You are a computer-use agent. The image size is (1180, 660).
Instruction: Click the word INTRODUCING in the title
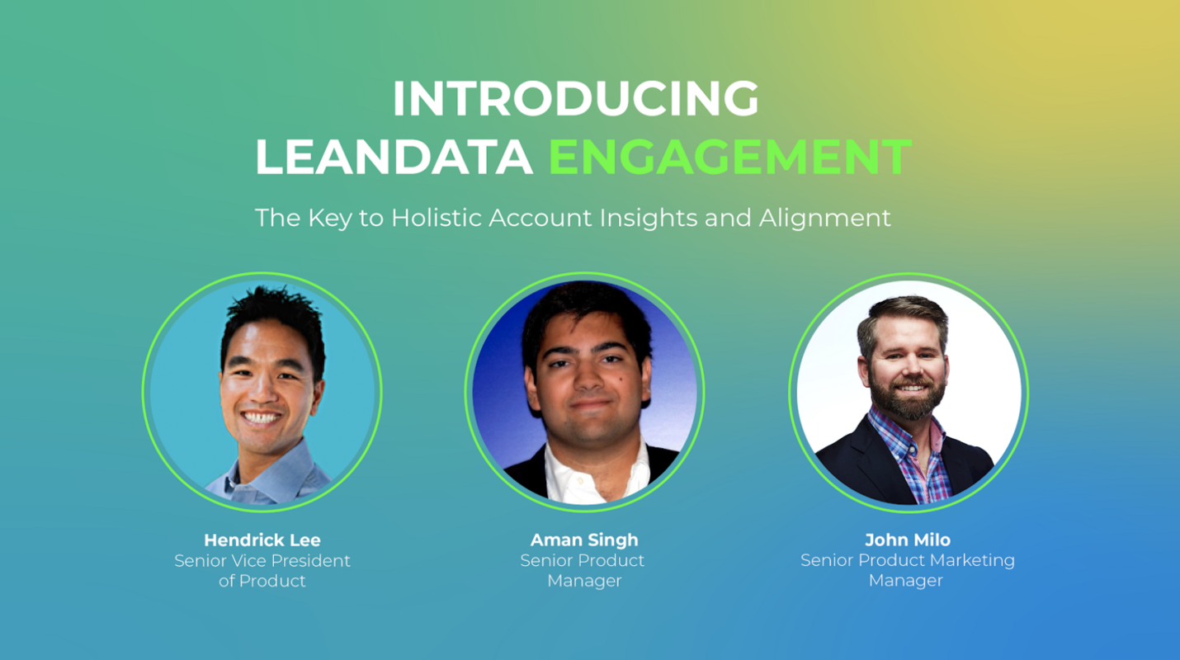point(575,99)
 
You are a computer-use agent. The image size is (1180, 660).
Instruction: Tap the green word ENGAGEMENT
point(729,156)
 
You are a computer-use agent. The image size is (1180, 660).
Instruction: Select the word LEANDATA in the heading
point(394,156)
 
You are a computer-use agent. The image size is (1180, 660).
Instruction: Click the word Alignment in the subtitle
point(824,218)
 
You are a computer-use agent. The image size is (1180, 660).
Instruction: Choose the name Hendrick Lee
point(262,540)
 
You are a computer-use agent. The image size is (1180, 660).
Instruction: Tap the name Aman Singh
point(584,540)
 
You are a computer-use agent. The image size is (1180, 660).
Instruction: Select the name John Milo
point(908,540)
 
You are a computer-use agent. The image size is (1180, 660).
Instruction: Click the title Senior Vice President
point(262,561)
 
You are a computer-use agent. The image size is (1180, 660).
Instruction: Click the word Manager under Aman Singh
point(584,581)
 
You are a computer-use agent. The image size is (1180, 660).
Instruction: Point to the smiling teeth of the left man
point(262,418)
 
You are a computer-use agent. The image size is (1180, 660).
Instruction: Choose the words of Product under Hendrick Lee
point(262,581)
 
